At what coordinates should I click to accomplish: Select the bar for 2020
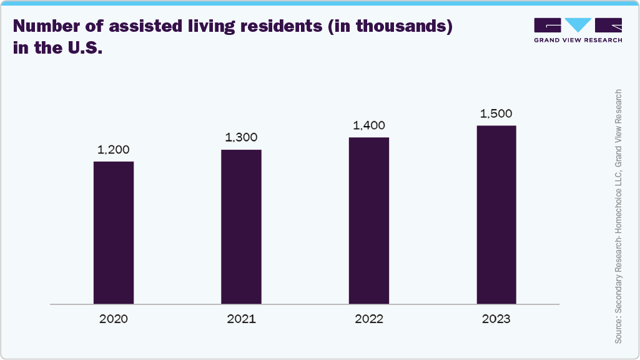tap(114, 233)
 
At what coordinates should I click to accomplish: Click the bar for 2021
tap(241, 226)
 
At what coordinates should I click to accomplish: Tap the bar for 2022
tap(368, 220)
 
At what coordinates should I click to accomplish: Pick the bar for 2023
tap(496, 215)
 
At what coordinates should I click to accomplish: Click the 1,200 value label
tap(113, 150)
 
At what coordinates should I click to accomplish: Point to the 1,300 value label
tap(241, 138)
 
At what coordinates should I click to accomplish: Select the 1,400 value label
tap(368, 126)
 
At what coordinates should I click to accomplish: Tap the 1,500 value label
tap(496, 114)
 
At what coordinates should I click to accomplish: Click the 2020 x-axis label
tap(113, 319)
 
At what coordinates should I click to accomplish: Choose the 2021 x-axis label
tap(241, 319)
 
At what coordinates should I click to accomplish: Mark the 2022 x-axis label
tap(368, 319)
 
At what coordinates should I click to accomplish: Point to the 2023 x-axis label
tap(496, 319)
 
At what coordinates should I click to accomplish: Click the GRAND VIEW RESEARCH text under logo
tap(578, 40)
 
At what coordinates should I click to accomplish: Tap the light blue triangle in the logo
tap(578, 25)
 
